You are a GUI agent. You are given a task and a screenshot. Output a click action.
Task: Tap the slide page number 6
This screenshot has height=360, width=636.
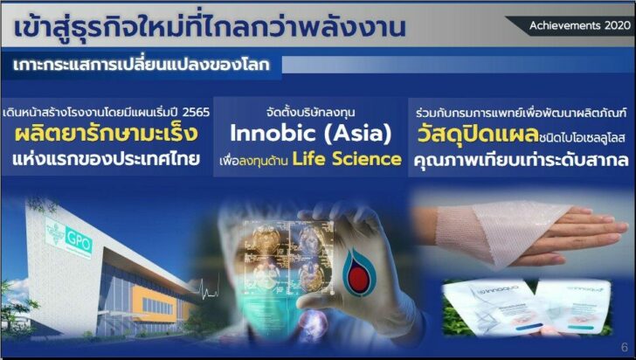tap(625, 347)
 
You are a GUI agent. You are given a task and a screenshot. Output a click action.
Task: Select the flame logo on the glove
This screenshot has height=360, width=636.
tap(358, 272)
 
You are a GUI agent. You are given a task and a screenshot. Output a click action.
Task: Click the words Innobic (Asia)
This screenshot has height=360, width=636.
tap(311, 133)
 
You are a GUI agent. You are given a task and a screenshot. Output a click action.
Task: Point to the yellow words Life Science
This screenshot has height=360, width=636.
tap(347, 159)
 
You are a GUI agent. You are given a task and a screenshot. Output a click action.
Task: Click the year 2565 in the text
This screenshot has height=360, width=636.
tap(196, 112)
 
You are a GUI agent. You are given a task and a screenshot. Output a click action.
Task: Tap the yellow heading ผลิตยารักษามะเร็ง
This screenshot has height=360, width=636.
tap(107, 134)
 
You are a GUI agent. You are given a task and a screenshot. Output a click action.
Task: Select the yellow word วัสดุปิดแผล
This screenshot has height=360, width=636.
tap(478, 135)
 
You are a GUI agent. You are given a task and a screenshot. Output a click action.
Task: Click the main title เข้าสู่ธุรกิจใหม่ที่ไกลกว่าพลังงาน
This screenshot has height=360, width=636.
tap(210, 27)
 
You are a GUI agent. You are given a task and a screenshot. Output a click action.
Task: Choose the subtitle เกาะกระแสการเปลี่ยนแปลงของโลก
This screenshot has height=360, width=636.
tap(141, 65)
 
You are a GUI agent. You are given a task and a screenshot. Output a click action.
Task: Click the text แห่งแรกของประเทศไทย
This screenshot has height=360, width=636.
tap(107, 159)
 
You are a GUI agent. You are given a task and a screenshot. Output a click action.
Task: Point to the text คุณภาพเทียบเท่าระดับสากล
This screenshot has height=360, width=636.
tap(522, 160)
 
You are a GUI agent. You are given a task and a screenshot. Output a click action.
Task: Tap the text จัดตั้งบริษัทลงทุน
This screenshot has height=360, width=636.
tap(311, 112)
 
